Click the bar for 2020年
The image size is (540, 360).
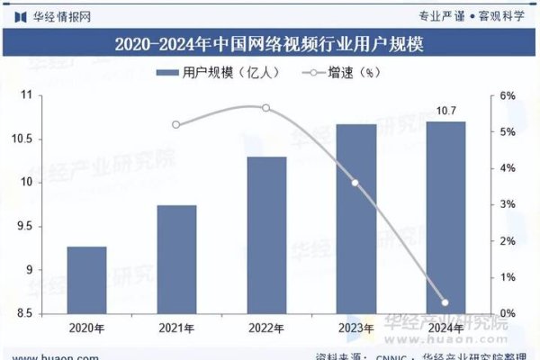(x=86, y=280)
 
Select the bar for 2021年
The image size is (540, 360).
(x=176, y=259)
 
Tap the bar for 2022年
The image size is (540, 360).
(x=266, y=235)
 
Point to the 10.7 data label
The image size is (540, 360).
(x=445, y=111)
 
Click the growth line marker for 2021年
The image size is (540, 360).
(x=176, y=125)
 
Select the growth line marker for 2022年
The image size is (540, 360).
(x=266, y=108)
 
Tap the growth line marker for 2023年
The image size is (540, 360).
(x=355, y=183)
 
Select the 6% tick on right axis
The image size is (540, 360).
(x=508, y=96)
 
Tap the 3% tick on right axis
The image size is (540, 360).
(x=508, y=205)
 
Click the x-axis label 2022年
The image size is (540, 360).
(x=266, y=328)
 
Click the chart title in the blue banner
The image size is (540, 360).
(x=270, y=43)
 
